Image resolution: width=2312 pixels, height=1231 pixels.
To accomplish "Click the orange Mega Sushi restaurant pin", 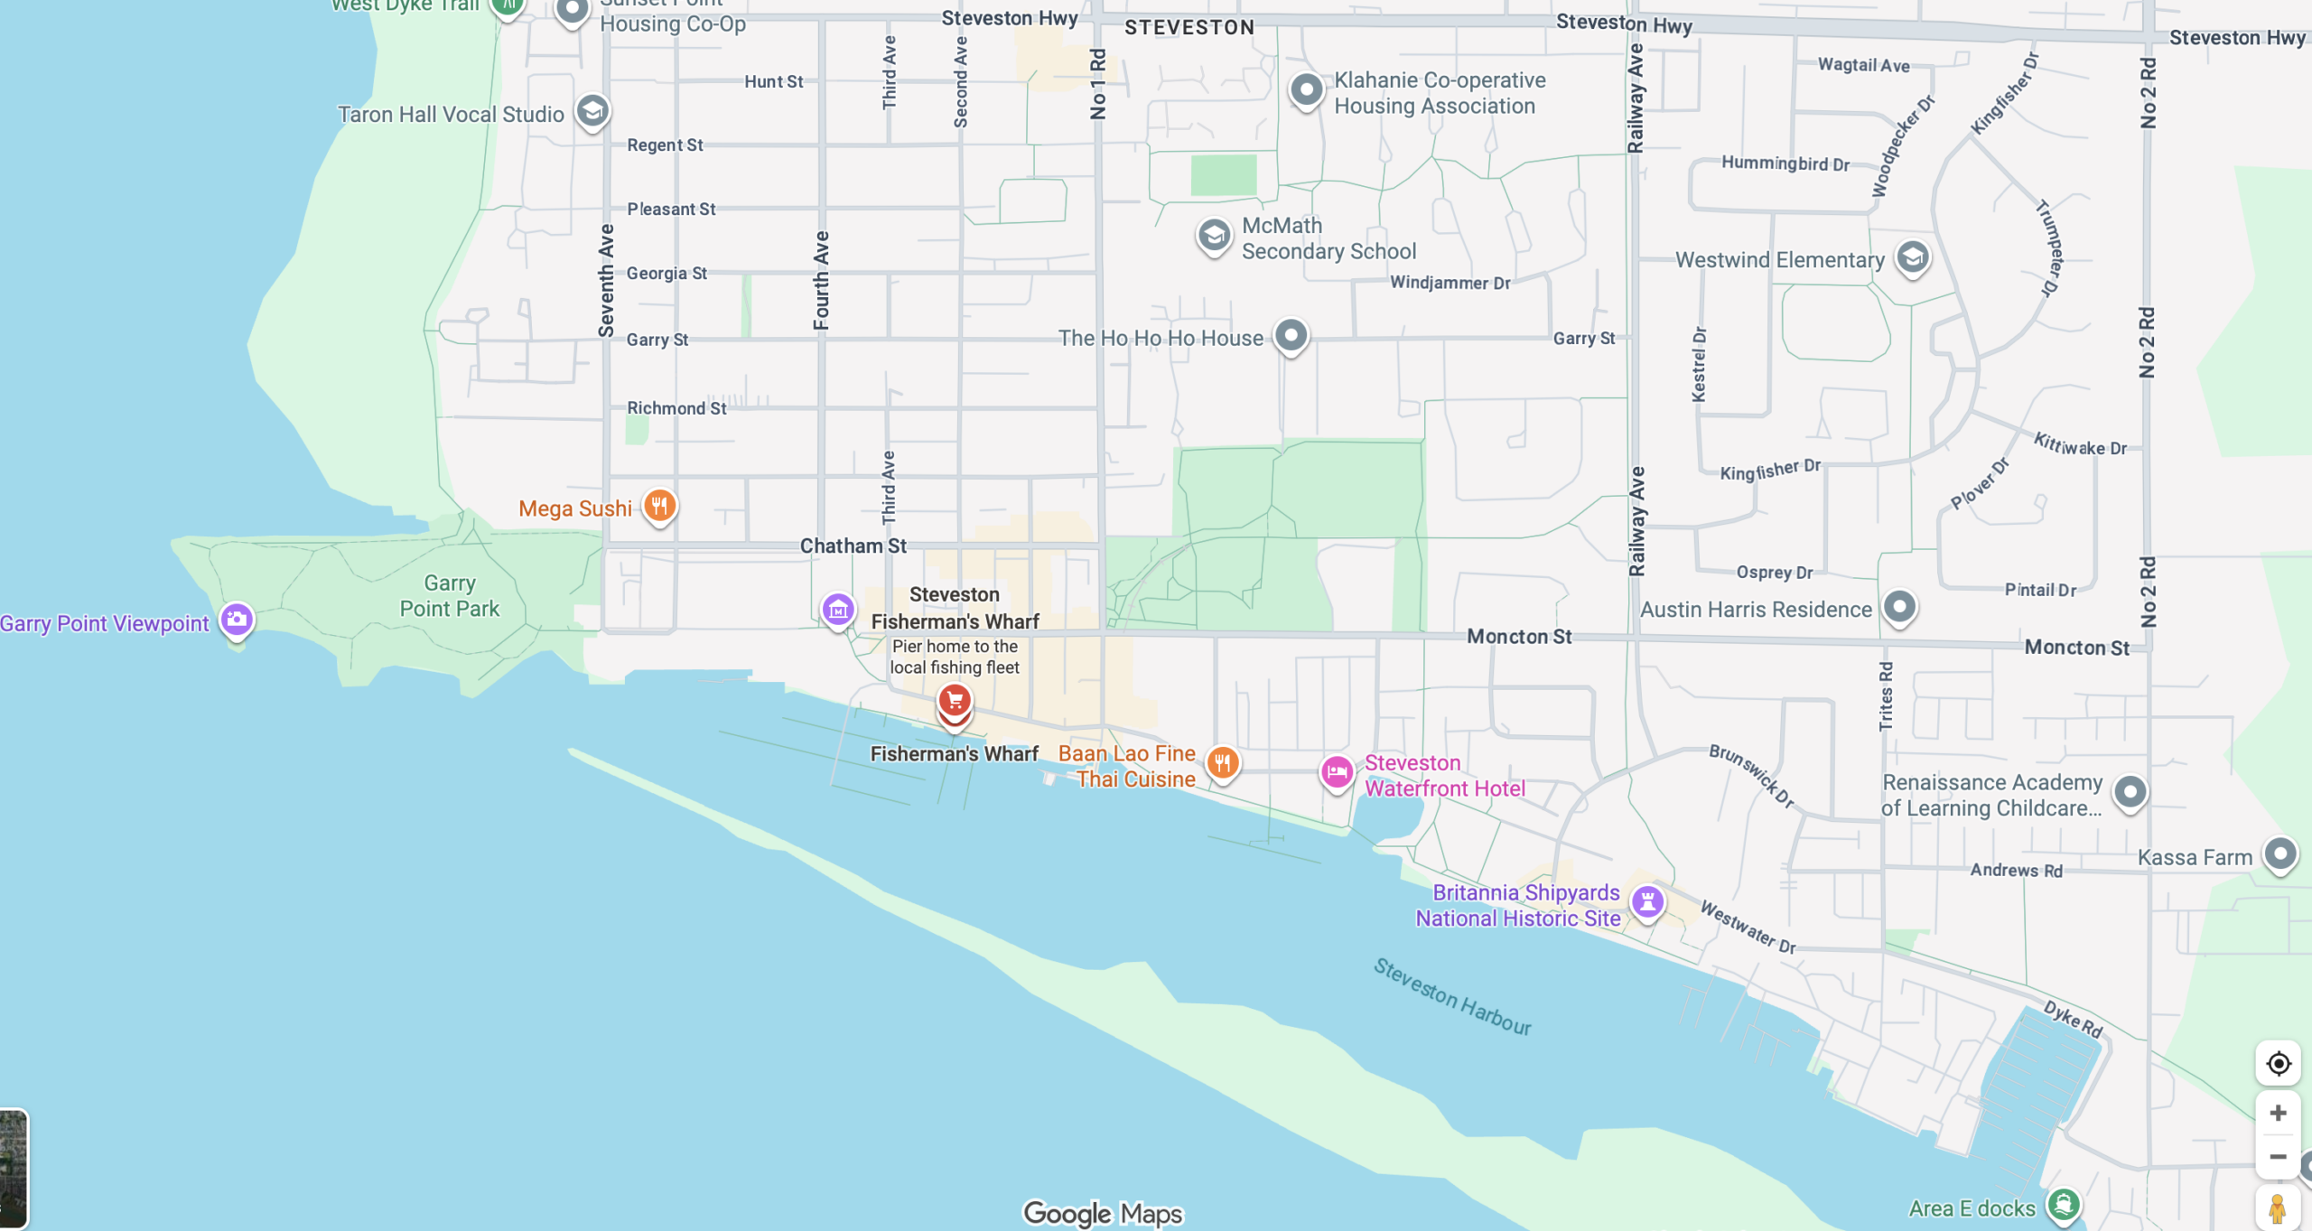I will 659,506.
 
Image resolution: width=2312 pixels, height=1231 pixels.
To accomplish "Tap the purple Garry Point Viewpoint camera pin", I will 237,620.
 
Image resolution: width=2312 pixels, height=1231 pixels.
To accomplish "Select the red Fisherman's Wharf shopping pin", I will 954,701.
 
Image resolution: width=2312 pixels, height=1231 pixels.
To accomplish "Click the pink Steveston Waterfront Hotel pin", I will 1337,772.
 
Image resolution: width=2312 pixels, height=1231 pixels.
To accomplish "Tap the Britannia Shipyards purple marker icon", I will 1647,901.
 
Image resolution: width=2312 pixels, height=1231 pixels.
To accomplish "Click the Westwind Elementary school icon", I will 1912,258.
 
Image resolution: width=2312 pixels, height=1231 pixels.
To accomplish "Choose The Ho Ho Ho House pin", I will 1291,336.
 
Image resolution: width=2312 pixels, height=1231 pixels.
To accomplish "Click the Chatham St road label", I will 853,546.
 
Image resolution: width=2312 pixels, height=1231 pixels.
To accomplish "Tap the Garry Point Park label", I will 449,596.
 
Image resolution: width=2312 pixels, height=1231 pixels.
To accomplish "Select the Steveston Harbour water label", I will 1451,997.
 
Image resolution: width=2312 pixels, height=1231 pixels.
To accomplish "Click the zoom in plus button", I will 2278,1113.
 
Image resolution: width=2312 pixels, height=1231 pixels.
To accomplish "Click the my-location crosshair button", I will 2278,1063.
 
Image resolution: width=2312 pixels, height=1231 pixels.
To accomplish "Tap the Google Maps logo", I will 1102,1213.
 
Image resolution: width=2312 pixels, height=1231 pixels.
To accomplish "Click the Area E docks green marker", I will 2064,1204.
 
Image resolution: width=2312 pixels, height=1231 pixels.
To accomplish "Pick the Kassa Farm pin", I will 2279,853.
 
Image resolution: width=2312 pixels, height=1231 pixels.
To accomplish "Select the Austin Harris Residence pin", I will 1899,606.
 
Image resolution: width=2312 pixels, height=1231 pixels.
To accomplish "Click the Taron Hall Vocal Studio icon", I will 592,111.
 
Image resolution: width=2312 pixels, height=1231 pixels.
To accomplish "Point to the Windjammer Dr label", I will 1450,283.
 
